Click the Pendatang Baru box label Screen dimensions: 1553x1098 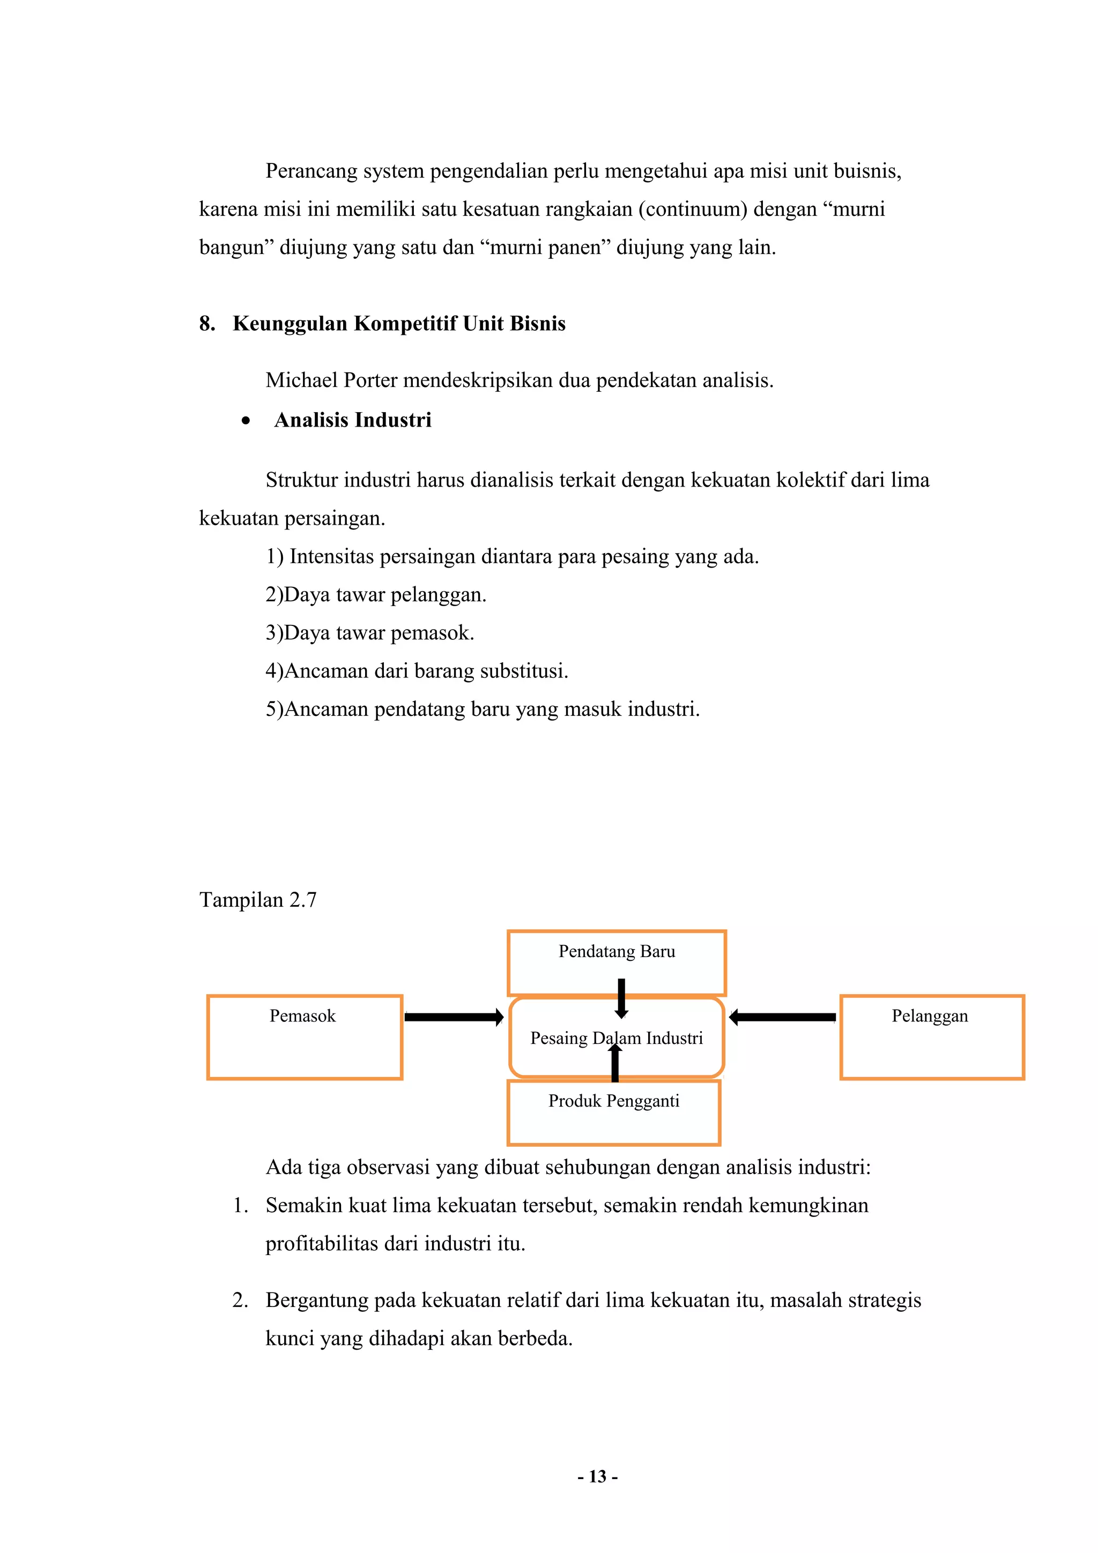617,951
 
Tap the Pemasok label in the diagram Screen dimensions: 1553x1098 302,1016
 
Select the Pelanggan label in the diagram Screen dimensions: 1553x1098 929,1016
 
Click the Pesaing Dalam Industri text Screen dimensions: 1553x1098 617,1037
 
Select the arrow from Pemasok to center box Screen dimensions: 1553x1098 453,1017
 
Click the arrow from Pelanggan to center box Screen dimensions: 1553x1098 783,1017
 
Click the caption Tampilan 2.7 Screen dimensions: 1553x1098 258,900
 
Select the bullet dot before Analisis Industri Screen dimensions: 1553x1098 246,421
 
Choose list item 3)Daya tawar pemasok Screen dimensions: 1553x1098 369,632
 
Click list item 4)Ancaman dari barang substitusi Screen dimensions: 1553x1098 417,670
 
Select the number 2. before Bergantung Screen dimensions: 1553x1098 240,1300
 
